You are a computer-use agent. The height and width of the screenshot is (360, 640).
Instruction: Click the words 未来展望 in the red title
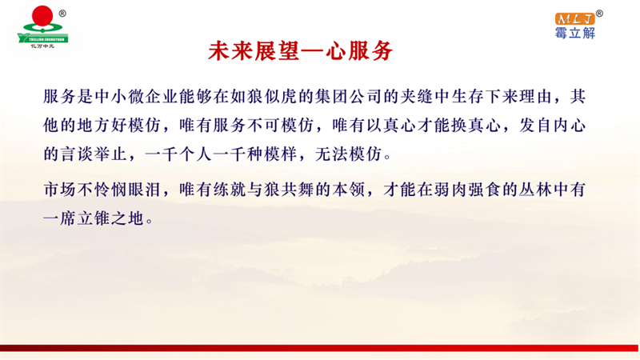[x=254, y=51]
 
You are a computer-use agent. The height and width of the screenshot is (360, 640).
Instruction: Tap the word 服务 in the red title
[x=370, y=51]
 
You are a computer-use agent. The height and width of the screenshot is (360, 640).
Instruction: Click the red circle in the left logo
[x=42, y=16]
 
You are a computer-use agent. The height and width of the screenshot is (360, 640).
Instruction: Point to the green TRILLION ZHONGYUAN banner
[x=43, y=38]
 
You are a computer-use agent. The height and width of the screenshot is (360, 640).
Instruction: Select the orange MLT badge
[x=574, y=18]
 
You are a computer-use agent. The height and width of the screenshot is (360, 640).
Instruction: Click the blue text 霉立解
[x=574, y=33]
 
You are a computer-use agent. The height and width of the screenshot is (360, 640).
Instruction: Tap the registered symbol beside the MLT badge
[x=599, y=14]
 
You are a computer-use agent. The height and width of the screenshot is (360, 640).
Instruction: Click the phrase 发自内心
[x=552, y=126]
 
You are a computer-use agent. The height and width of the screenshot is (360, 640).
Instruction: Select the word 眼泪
[x=145, y=190]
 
